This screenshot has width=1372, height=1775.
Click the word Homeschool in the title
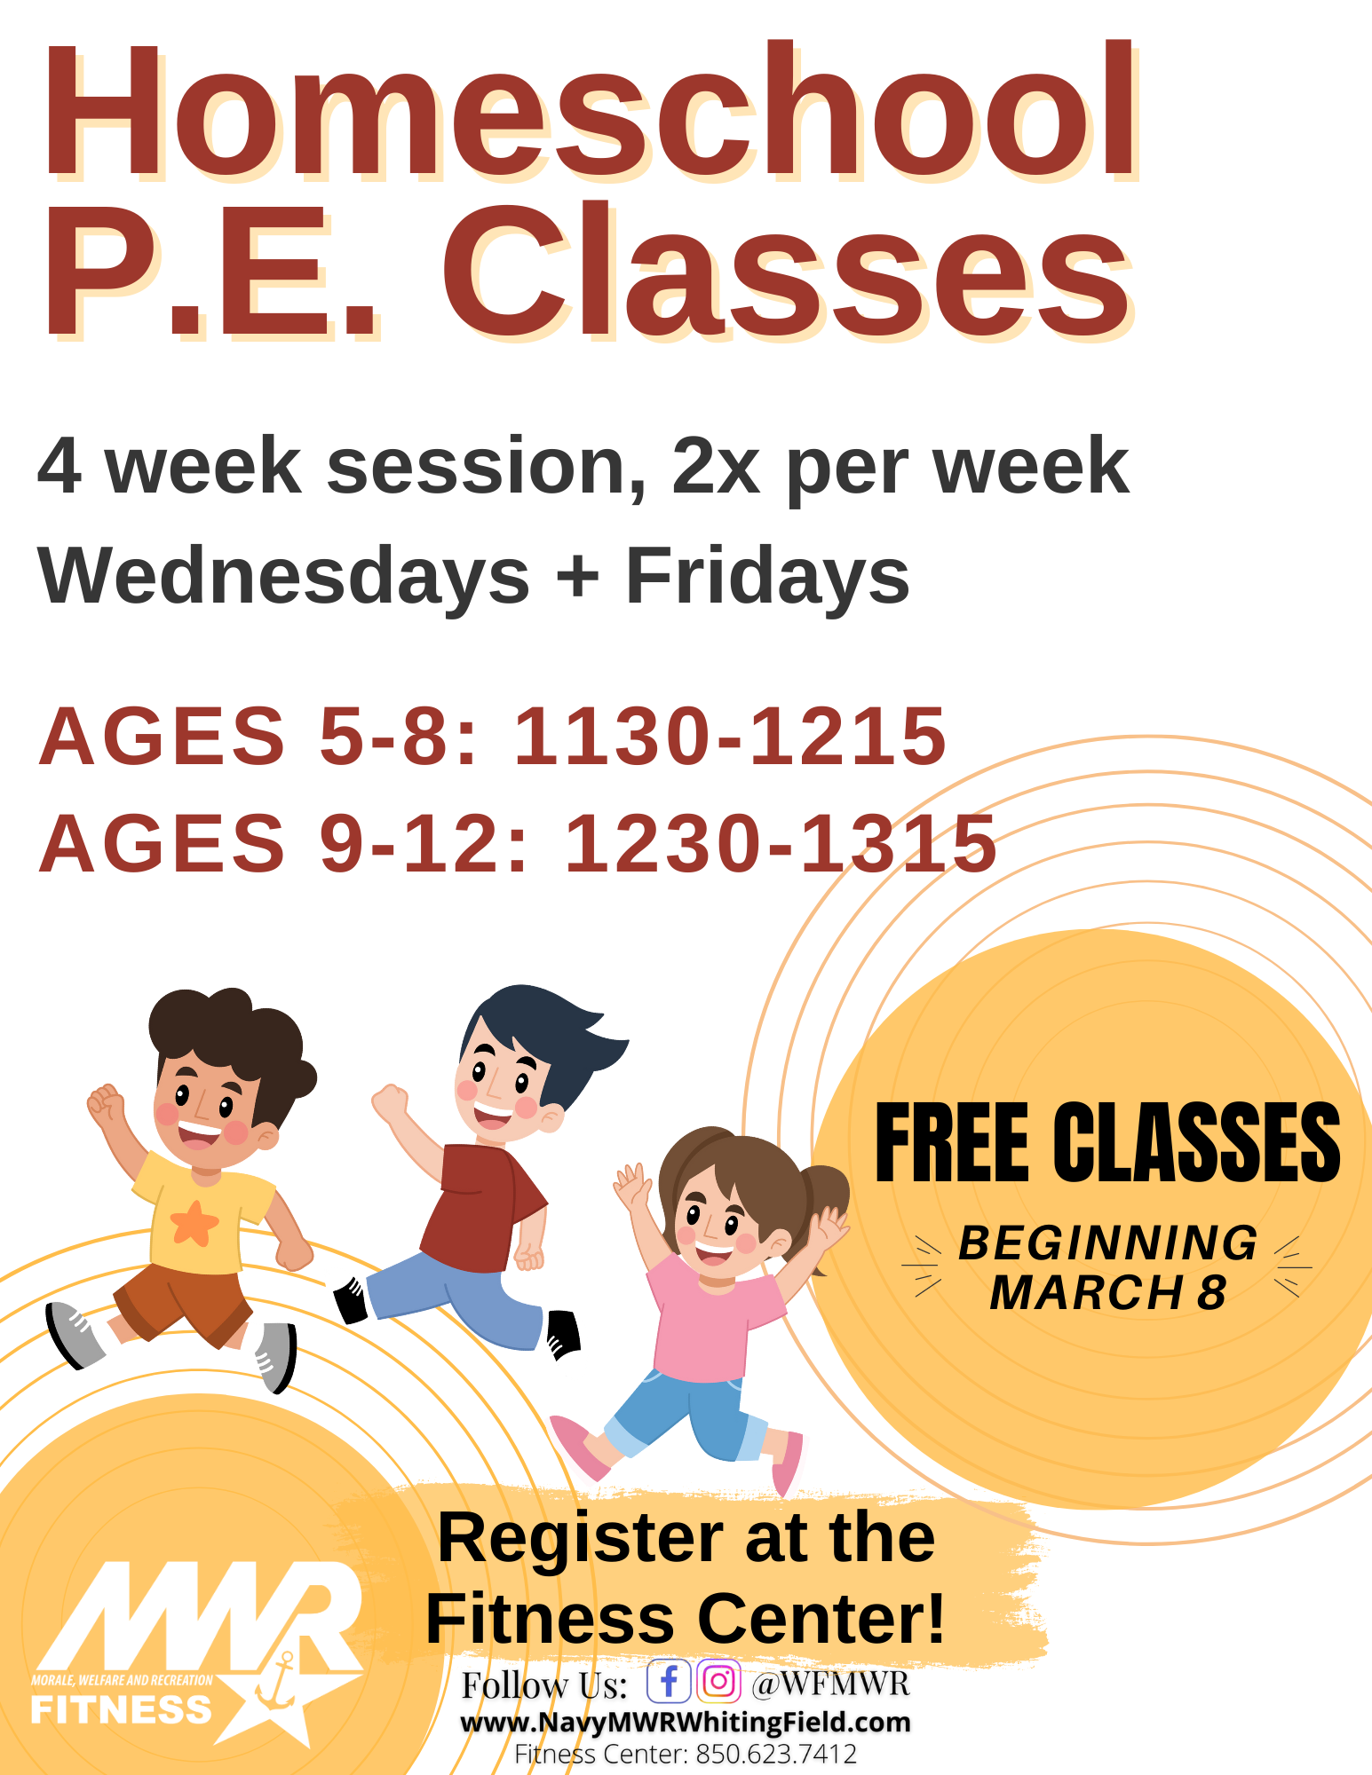(x=590, y=110)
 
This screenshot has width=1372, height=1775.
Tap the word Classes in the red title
(x=787, y=271)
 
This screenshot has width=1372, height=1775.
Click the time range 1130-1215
(x=730, y=736)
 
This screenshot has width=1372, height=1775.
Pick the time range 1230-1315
(x=781, y=842)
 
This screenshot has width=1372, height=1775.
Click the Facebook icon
(x=669, y=1681)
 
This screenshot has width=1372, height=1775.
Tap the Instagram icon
(x=718, y=1681)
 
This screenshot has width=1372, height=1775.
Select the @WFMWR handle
(x=831, y=1683)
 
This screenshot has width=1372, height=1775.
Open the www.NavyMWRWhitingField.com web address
(x=686, y=1723)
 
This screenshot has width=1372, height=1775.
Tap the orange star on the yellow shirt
(x=194, y=1223)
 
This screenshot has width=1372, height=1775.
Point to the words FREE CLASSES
(x=1107, y=1143)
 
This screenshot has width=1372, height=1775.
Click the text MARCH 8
(x=1108, y=1292)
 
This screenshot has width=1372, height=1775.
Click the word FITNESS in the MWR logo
(x=122, y=1709)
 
